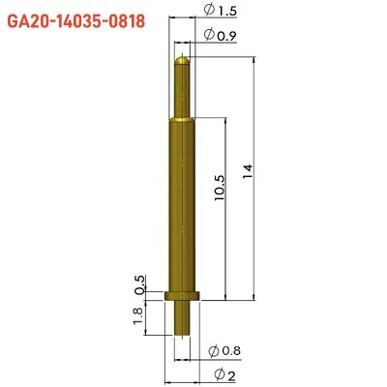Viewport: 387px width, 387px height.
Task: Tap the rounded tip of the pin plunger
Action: (183, 61)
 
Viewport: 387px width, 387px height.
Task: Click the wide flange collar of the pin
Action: (183, 296)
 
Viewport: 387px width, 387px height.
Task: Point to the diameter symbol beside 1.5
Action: (210, 11)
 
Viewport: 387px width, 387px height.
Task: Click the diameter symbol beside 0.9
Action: (210, 36)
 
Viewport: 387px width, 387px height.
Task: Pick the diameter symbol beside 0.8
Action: (213, 349)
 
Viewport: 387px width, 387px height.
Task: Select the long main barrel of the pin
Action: (183, 203)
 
